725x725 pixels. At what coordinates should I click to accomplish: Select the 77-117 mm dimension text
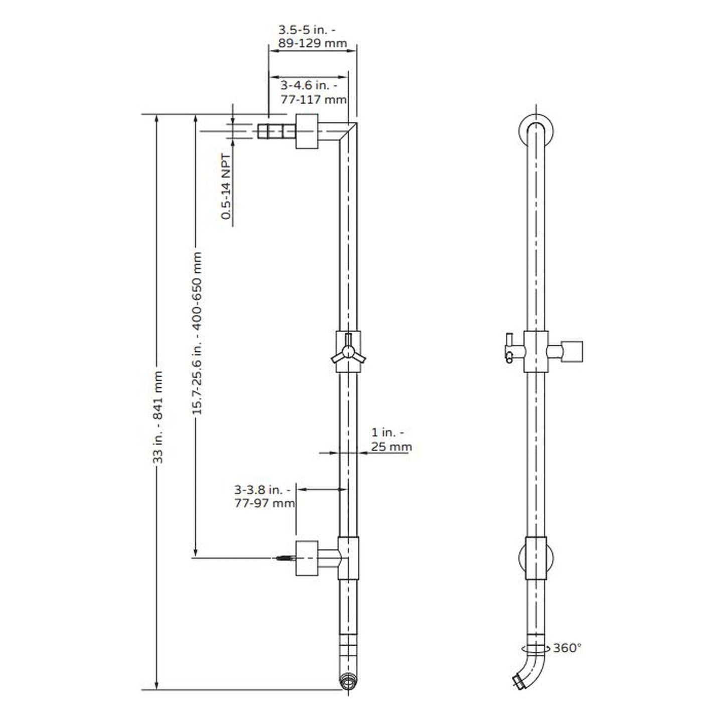coord(313,99)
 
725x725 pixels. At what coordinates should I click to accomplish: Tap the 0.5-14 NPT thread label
coord(226,187)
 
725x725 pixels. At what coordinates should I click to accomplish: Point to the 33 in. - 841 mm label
coord(158,416)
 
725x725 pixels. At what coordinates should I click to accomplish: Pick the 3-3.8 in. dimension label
coord(262,489)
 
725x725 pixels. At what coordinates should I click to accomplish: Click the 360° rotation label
coord(567,648)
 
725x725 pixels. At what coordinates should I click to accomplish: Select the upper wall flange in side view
coord(307,131)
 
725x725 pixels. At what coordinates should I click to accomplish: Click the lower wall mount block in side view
coord(307,558)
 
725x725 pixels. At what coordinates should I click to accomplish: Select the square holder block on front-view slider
coord(571,351)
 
